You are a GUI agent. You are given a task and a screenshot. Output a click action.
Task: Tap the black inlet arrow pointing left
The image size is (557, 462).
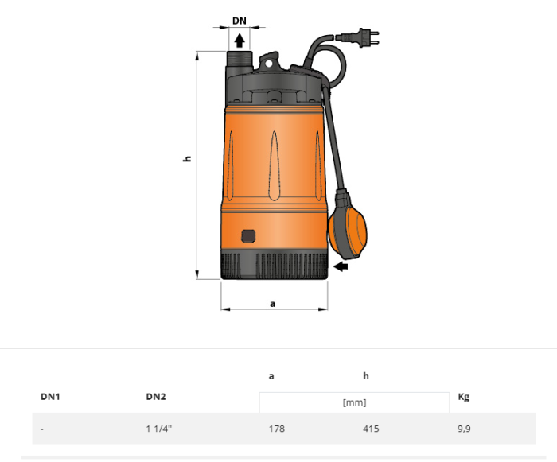point(341,267)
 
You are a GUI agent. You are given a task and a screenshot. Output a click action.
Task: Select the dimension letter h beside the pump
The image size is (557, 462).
point(188,159)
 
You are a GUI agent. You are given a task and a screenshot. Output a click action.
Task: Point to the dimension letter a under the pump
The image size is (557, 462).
point(273,303)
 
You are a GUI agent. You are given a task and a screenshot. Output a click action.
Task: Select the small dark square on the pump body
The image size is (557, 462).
point(248,235)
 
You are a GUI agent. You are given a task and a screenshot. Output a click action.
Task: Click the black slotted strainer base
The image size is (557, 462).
point(275,265)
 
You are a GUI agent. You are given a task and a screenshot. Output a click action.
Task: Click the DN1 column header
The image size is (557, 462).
point(51,396)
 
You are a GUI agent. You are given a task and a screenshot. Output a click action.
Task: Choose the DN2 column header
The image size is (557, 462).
point(156,396)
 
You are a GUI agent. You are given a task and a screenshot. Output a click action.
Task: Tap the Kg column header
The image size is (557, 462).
point(464,396)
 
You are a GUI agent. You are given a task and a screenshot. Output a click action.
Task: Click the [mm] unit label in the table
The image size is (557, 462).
point(354,402)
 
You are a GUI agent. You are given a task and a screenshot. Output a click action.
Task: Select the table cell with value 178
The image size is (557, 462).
point(277,429)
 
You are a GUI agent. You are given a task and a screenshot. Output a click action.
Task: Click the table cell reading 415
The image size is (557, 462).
point(371,429)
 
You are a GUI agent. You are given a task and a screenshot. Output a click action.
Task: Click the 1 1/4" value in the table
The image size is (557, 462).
point(159,429)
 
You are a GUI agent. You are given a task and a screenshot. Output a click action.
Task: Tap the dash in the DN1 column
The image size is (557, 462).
point(42,429)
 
